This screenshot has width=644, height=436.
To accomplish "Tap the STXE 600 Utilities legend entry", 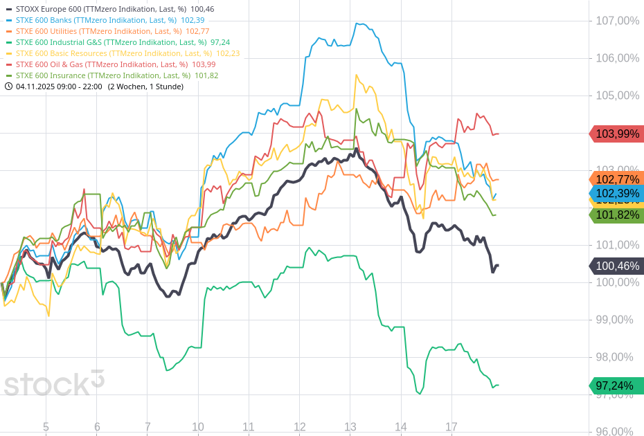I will pyautogui.click(x=104, y=31).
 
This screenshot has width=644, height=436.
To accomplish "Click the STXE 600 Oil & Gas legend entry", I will pyautogui.click(x=107, y=64).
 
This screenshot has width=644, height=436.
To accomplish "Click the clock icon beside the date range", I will pyautogui.click(x=8, y=87).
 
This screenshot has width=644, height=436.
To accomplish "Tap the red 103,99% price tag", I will pyautogui.click(x=616, y=134).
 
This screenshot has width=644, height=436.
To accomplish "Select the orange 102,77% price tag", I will pyautogui.click(x=616, y=179).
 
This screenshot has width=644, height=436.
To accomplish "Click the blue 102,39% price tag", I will pyautogui.click(x=616, y=193).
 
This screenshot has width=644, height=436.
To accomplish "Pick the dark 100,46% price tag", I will pyautogui.click(x=616, y=266).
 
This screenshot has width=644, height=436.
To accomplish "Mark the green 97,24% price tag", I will pyautogui.click(x=616, y=385).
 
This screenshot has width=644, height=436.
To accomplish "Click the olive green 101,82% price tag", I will pyautogui.click(x=616, y=215).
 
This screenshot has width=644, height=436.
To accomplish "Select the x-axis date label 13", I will pyautogui.click(x=350, y=426).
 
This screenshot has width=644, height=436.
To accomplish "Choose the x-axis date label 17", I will pyautogui.click(x=451, y=426).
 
